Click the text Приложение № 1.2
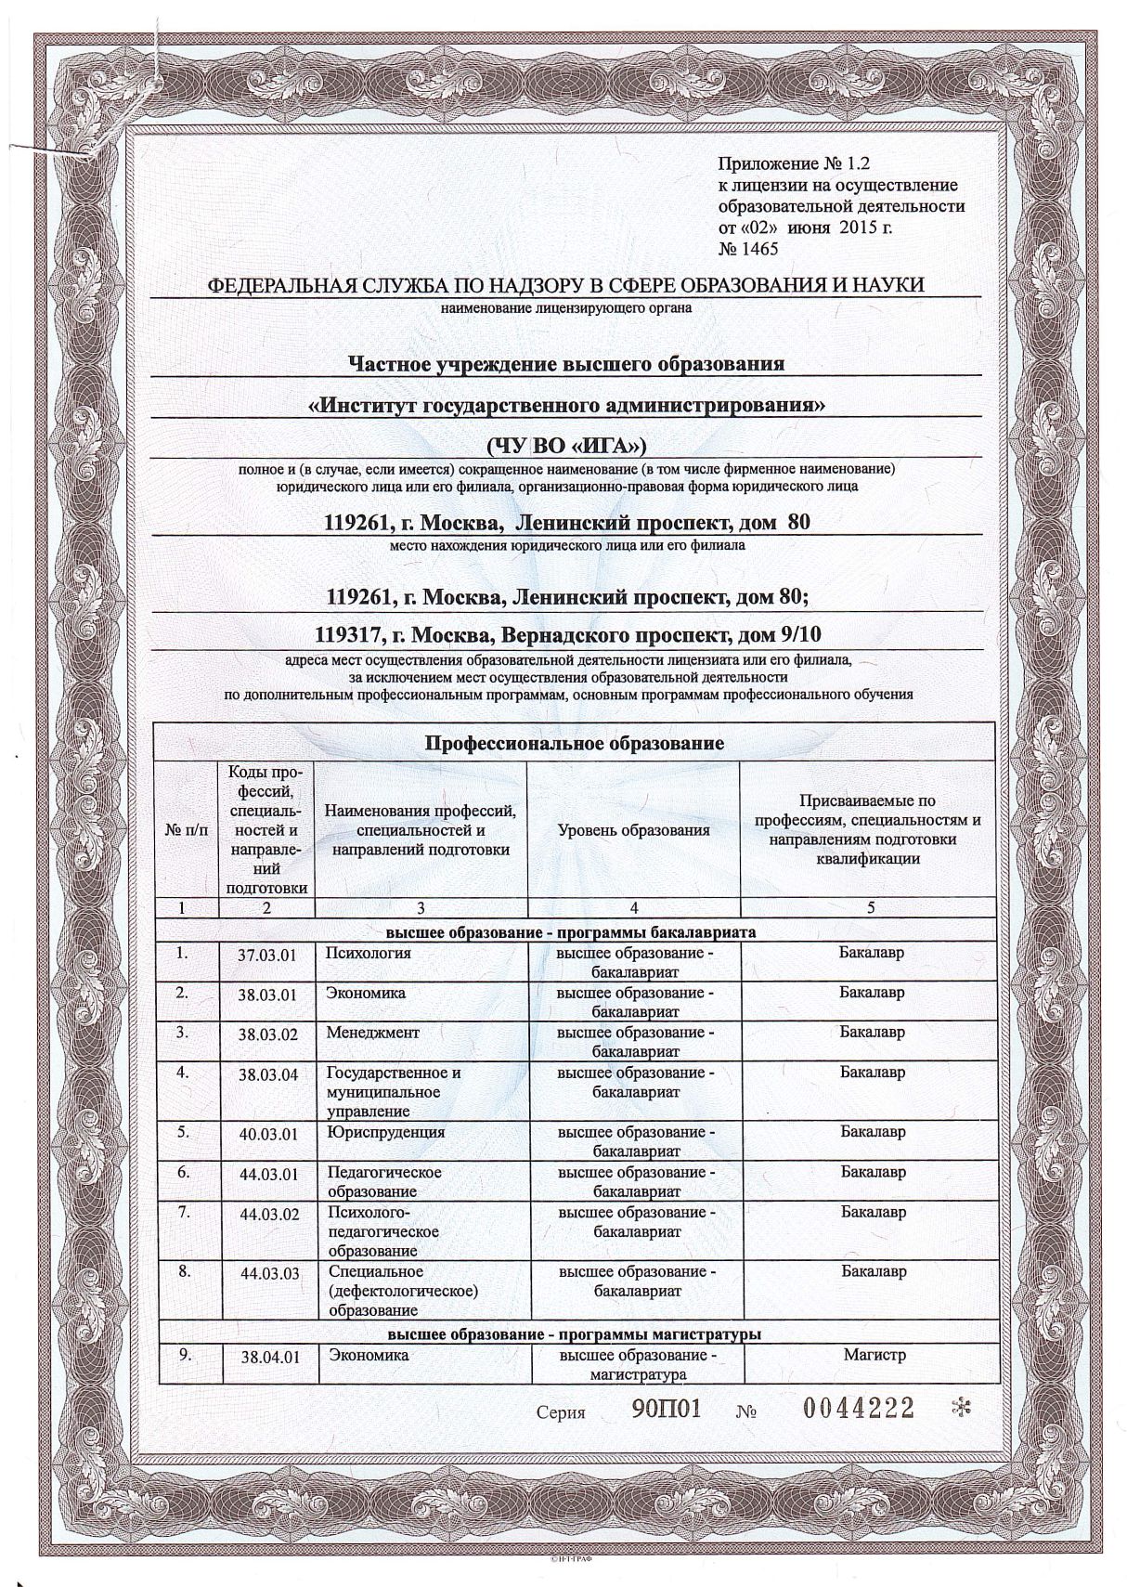point(796,165)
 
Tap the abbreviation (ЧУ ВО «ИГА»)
point(565,446)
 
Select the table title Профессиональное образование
point(574,743)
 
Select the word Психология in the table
point(369,954)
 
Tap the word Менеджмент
point(372,1033)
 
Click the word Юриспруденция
point(385,1133)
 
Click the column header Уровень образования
point(633,830)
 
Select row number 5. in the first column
point(184,1132)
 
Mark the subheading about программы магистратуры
point(575,1334)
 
